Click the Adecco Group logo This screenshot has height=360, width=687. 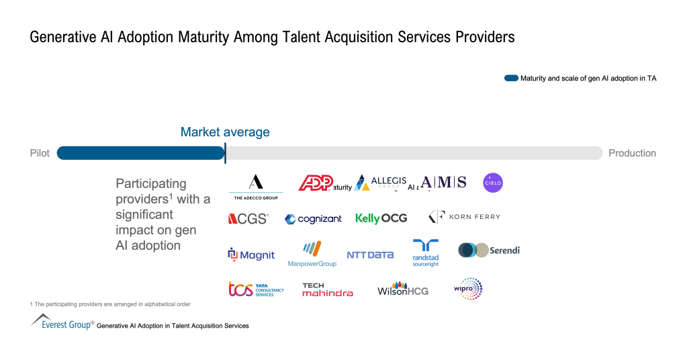coord(256,186)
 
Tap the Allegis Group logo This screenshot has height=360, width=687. coord(381,183)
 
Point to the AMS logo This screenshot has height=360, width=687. coord(444,182)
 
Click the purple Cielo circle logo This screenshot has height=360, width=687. coord(493,183)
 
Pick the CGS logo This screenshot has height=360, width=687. coord(248,218)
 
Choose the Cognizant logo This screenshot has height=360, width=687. coord(313,219)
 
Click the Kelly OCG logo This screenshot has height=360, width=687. coord(381,218)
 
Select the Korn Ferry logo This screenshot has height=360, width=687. coord(464,217)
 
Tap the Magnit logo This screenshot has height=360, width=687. coord(251,255)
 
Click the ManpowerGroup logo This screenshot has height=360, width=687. coord(312,254)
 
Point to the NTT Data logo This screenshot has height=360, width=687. coord(370,255)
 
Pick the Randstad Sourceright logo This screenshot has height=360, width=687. coord(425,253)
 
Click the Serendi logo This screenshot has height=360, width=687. coord(489,251)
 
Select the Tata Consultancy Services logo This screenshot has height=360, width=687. coord(256,289)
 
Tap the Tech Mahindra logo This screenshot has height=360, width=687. coord(327,289)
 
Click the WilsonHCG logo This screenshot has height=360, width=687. coord(402,289)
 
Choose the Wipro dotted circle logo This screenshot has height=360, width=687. coord(468,289)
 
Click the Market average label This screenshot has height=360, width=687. coord(225,132)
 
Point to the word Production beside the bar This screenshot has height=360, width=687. coord(632,153)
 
